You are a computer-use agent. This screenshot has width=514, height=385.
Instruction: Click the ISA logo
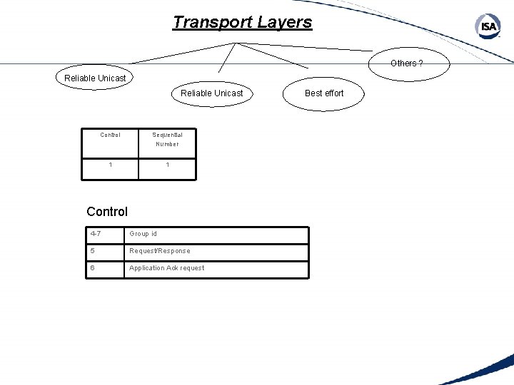(488, 27)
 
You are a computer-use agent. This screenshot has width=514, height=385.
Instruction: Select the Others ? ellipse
(406, 63)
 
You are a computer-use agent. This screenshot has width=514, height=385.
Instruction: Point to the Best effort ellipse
(324, 93)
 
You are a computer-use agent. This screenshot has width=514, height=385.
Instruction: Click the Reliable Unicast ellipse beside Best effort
(211, 93)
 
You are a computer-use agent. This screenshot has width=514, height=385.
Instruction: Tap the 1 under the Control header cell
(110, 165)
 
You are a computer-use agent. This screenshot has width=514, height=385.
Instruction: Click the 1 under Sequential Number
(167, 165)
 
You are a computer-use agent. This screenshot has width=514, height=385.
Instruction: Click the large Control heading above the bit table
(107, 211)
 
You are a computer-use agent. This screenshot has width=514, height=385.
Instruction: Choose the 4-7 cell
(104, 234)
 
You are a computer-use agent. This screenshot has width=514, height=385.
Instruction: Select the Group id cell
(216, 234)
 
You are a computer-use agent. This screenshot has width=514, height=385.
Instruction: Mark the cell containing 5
(104, 251)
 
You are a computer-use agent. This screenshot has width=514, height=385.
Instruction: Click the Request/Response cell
(216, 251)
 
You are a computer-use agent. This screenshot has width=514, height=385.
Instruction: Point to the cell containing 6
(104, 268)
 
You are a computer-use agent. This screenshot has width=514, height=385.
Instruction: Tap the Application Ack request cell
(216, 268)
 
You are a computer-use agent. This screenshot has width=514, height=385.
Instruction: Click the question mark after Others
(420, 63)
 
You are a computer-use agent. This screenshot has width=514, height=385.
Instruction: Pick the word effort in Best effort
(333, 93)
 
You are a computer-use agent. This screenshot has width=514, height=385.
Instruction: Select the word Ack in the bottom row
(172, 268)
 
